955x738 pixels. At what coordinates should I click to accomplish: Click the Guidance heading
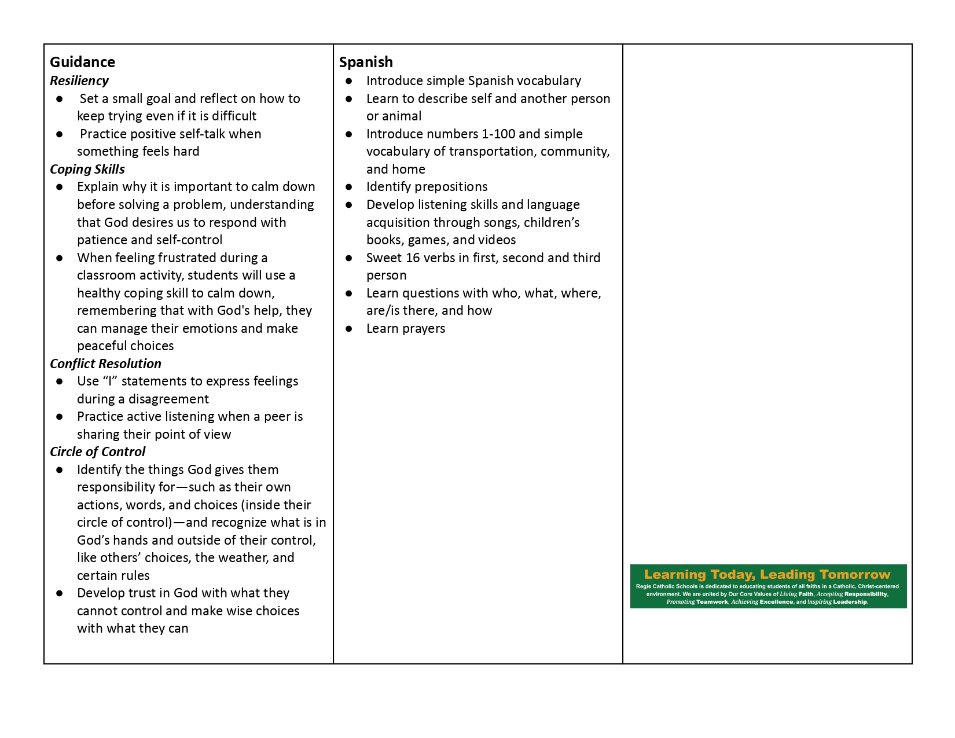click(x=82, y=62)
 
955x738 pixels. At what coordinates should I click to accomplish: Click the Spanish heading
click(x=366, y=62)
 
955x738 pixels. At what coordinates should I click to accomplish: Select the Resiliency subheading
click(x=79, y=80)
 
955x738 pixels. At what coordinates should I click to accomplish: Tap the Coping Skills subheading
click(x=87, y=169)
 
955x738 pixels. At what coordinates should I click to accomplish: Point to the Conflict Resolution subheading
click(x=105, y=364)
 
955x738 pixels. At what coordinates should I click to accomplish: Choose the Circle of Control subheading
click(x=97, y=451)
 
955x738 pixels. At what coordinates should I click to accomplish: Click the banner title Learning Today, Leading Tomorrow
click(x=767, y=574)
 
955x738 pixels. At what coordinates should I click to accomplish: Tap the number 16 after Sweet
click(x=413, y=258)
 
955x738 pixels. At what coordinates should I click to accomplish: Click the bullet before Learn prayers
click(x=349, y=329)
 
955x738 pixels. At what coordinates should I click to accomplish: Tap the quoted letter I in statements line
click(x=110, y=381)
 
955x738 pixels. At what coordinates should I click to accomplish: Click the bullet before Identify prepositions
click(x=349, y=187)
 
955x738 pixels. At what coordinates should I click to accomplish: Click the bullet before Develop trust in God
click(x=60, y=593)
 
